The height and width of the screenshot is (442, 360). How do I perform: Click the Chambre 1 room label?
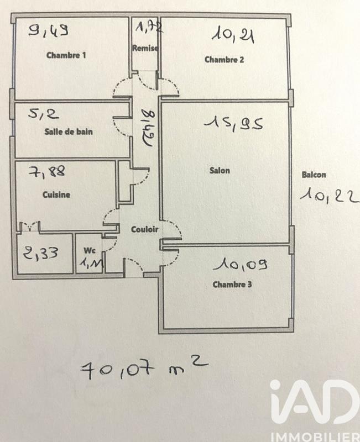coord(66,55)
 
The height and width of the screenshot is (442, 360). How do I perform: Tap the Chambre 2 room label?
coord(225,60)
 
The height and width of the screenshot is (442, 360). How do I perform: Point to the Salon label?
coord(220,170)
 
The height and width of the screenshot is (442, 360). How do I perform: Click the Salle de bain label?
coord(69,132)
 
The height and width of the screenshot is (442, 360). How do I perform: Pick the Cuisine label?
coord(56,194)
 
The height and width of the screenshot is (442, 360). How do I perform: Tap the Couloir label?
coord(145,229)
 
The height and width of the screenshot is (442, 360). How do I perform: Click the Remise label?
coord(145,48)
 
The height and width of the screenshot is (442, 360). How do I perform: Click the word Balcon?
coord(314,175)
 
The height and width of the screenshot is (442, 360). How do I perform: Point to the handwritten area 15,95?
coord(232,123)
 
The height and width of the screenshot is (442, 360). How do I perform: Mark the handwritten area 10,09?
coord(243,266)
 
